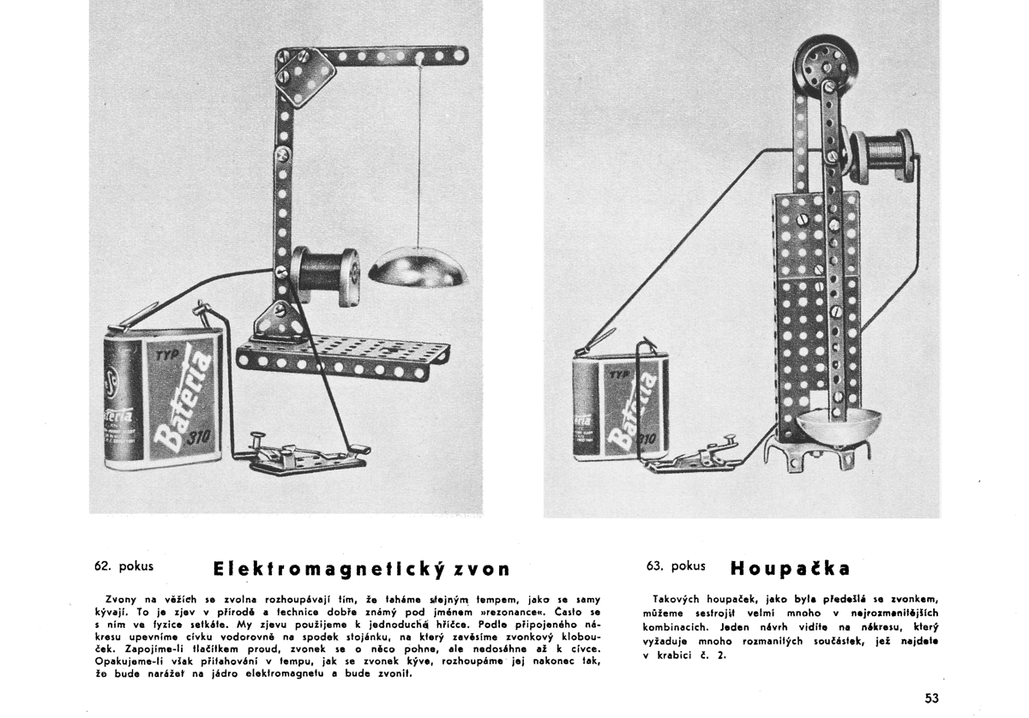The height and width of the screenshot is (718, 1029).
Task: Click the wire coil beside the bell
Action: click(x=326, y=276)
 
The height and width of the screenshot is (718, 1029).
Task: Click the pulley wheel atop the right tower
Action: click(x=820, y=69)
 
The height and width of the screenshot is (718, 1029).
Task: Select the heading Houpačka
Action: click(x=791, y=568)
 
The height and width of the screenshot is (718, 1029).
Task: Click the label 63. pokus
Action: click(x=677, y=565)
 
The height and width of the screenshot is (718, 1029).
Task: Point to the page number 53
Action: click(x=933, y=697)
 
